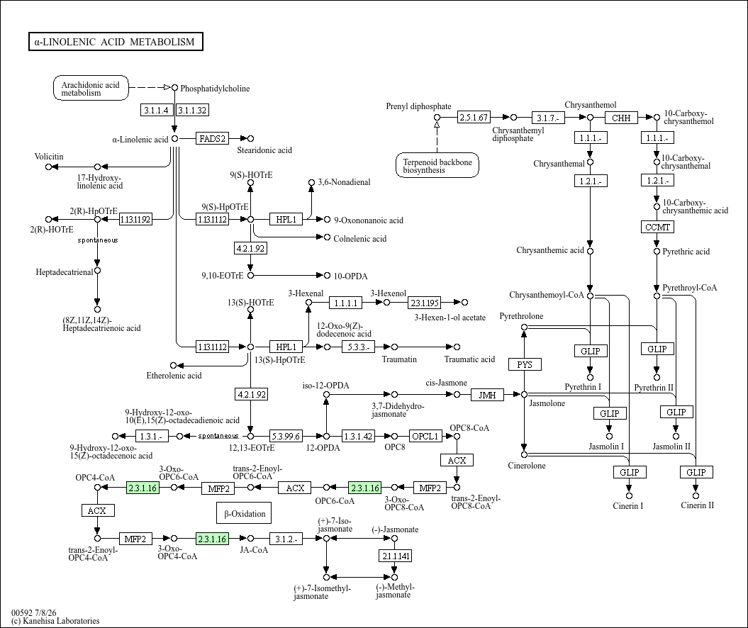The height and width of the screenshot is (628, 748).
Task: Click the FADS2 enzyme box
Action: point(212,139)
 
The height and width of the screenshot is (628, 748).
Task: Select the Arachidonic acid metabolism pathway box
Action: point(91,88)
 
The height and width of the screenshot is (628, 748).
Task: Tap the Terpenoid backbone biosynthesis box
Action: point(437,165)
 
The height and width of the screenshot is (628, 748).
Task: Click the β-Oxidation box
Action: point(244,513)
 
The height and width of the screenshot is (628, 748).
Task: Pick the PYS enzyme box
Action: point(524,364)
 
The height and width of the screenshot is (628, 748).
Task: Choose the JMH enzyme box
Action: point(487,395)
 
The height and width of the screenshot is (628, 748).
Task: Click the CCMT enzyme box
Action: point(657,227)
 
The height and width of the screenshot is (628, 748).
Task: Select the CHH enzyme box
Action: point(621,118)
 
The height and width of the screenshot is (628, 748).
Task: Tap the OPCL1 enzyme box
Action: point(425,436)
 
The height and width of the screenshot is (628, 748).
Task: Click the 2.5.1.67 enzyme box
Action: point(474,117)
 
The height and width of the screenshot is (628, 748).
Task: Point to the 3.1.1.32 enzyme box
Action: point(192,110)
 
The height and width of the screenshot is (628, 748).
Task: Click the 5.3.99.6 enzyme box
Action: point(286,436)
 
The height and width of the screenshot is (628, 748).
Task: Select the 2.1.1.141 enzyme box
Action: point(396,556)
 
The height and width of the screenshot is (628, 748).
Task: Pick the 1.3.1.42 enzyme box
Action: point(358,436)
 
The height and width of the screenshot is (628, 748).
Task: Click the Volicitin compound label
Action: point(49,157)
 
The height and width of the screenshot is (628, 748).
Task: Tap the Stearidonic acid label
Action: point(264,150)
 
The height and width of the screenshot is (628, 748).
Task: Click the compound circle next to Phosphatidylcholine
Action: point(174,88)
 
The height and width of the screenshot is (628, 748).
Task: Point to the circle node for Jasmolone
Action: point(524,394)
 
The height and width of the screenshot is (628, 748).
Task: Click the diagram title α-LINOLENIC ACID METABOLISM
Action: point(116,42)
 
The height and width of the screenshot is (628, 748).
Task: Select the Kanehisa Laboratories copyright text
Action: point(55,621)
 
